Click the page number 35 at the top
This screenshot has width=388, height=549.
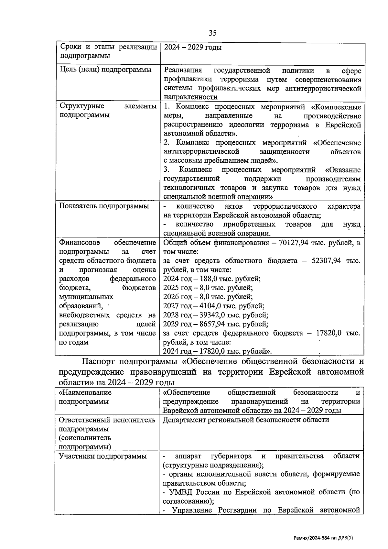tap(212, 33)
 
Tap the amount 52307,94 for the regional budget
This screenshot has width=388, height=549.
tap(325, 261)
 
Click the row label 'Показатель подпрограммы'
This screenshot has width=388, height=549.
tap(104, 206)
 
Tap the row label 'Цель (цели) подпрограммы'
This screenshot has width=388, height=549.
tap(105, 70)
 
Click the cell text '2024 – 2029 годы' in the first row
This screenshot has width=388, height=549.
tap(193, 47)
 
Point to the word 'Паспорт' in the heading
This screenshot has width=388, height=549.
tap(98, 361)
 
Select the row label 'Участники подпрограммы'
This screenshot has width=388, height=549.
tap(102, 456)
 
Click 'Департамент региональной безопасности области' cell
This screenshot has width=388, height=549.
tap(246, 420)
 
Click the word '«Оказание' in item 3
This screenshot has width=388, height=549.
tap(343, 170)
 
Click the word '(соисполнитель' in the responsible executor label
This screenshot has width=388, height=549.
tap(85, 438)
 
